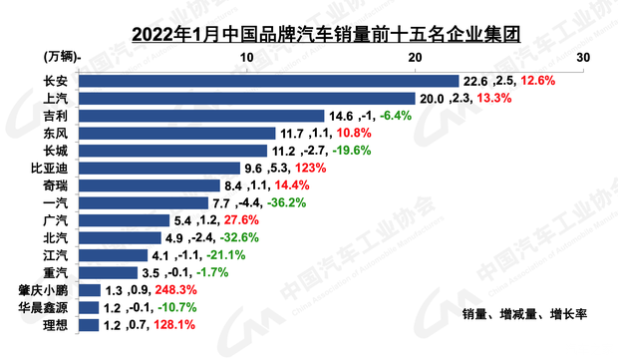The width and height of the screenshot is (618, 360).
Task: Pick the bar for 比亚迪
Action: pyautogui.click(x=158, y=168)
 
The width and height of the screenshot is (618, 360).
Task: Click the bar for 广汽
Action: pyautogui.click(x=124, y=219)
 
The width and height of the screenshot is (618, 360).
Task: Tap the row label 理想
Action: pyautogui.click(x=58, y=324)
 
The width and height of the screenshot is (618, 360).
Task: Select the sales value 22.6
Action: pyautogui.click(x=474, y=81)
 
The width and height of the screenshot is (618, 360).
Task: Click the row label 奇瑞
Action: pyautogui.click(x=58, y=185)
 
